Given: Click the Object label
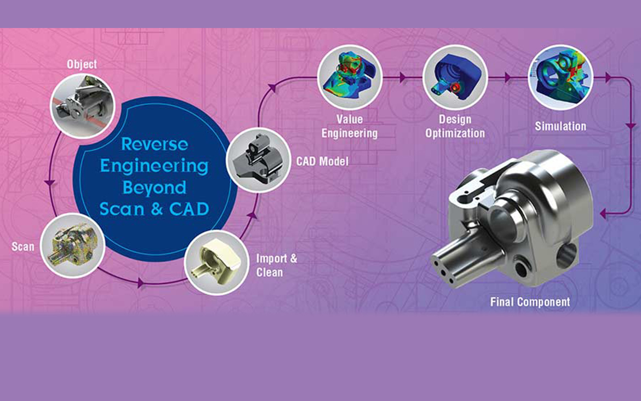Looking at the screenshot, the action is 82,64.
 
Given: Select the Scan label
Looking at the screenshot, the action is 23,246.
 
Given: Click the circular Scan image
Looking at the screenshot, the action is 73,246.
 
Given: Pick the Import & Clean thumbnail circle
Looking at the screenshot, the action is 216,263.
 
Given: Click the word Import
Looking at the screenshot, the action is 271,258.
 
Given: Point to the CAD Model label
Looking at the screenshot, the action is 322,161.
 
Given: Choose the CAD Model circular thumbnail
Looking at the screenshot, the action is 259,160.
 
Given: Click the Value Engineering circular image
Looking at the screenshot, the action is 350,77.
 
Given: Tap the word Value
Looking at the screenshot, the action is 350,119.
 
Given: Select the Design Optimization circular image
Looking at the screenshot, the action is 455,77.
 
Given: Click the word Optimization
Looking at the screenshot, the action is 455,133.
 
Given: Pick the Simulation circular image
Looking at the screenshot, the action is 560,77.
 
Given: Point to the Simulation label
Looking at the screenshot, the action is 560,126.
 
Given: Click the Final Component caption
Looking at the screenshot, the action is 530,302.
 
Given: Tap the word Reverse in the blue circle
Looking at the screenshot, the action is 154,144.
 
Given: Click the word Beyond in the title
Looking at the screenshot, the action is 154,188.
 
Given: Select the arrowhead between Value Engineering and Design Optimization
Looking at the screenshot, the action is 403,77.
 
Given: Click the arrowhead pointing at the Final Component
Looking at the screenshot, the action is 603,213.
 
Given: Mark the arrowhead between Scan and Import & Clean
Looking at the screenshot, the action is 141,283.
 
